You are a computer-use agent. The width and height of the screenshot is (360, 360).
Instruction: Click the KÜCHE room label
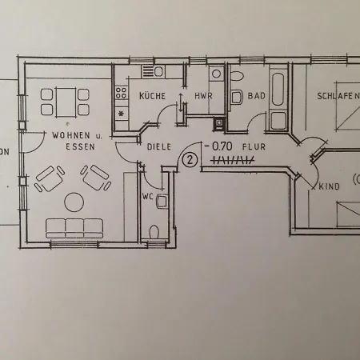click(x=152, y=96)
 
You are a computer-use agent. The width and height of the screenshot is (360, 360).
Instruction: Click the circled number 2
click(x=190, y=158)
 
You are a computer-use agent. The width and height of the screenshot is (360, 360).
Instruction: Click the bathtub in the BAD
click(x=278, y=91)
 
